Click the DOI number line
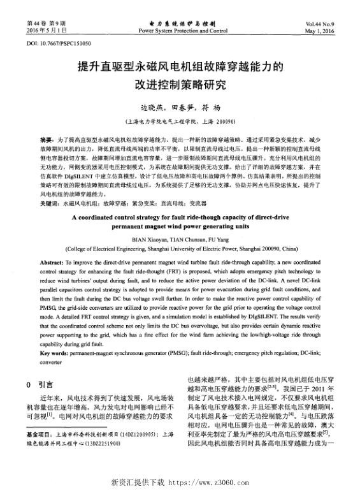point(59,43)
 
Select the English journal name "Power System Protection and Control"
point(182,30)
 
